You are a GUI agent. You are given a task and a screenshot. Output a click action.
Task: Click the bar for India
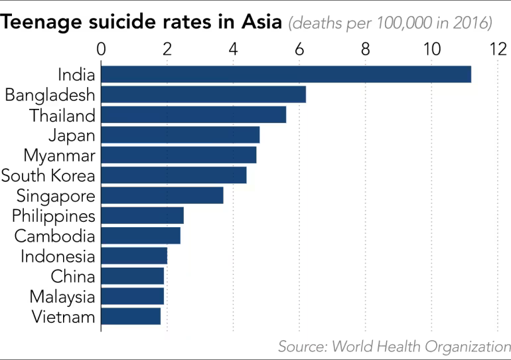[285, 74]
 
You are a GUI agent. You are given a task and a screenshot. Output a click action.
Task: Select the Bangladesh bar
[203, 95]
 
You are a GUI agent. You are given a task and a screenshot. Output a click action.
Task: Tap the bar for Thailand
[193, 115]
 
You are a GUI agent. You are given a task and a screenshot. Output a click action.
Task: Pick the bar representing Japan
[180, 135]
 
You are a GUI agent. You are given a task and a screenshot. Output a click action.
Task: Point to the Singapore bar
[162, 196]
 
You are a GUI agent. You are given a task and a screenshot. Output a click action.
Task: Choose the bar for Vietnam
[131, 317]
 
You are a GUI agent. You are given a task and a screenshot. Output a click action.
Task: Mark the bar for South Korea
[173, 175]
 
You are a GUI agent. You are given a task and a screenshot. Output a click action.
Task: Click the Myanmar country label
[59, 156]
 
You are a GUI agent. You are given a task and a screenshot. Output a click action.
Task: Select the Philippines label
[54, 217]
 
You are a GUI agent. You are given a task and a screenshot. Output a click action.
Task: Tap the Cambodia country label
[55, 236]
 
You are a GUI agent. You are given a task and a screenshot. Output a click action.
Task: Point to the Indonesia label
[58, 256]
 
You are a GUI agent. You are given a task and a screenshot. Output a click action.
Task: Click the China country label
[73, 276]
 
